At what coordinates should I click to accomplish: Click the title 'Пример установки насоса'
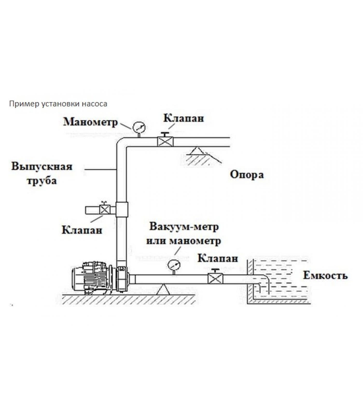58,104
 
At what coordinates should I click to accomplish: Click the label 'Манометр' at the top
90,122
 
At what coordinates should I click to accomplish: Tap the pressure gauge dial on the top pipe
139,127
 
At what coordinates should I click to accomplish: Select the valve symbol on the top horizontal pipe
165,142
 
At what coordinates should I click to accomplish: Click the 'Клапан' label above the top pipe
184,118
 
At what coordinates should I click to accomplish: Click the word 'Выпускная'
42,166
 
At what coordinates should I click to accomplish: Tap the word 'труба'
42,181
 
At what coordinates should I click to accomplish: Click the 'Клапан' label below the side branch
82,230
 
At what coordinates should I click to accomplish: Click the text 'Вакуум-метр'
184,226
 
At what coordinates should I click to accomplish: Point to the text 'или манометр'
184,241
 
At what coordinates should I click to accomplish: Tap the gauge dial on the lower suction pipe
173,265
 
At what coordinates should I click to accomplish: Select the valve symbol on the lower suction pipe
215,279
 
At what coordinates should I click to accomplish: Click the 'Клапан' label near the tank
218,258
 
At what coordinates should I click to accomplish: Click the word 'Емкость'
325,275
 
